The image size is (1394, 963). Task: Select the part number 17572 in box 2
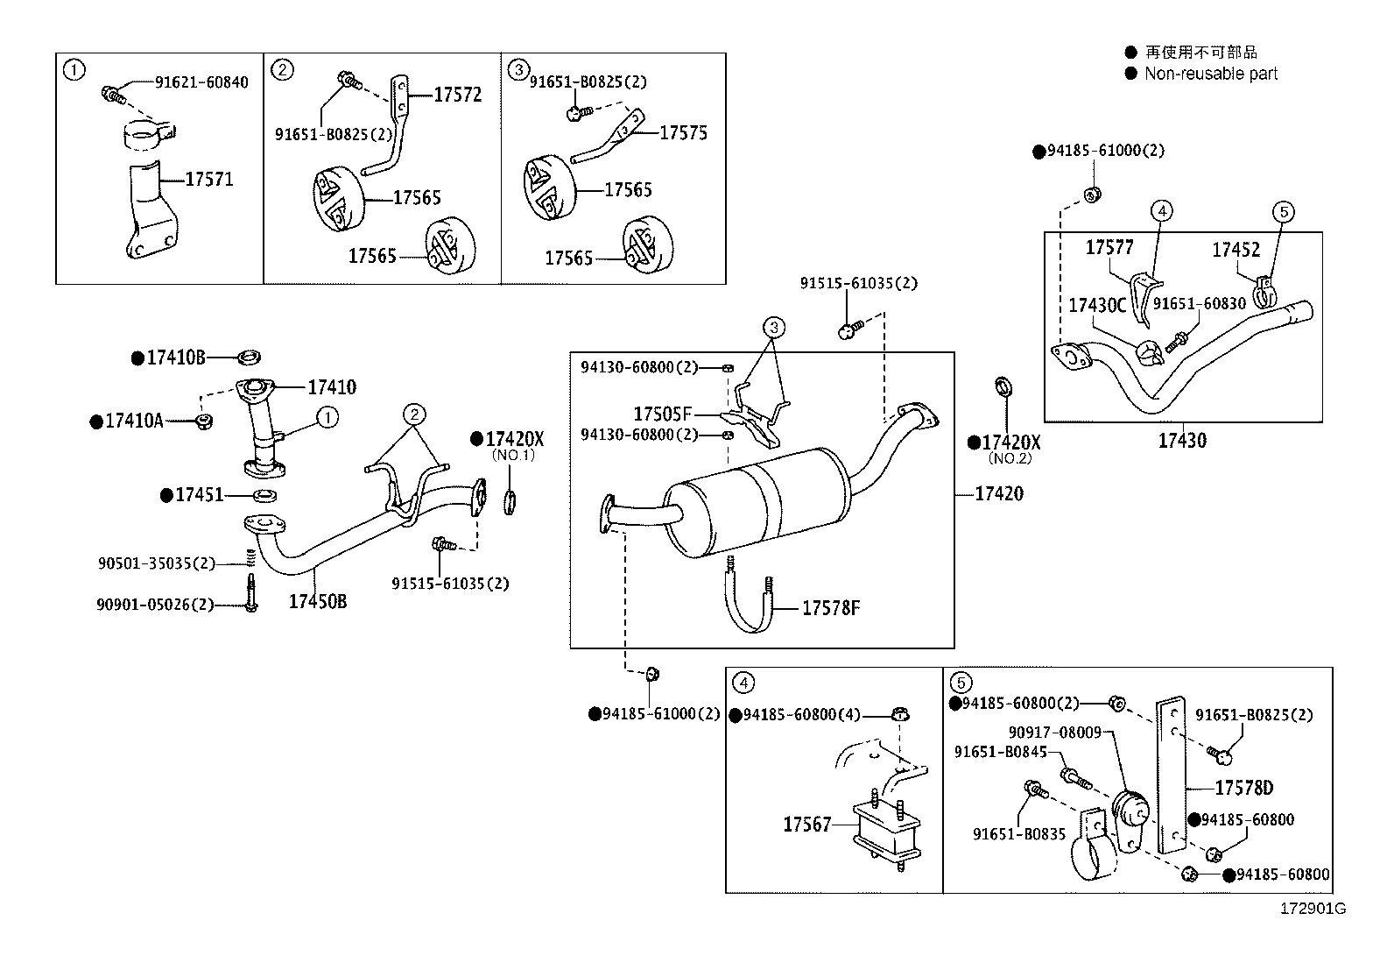click(457, 96)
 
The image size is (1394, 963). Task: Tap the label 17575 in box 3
click(683, 133)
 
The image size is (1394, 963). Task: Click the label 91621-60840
click(201, 82)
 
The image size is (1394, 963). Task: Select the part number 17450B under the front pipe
click(318, 601)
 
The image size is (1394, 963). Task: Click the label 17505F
click(662, 414)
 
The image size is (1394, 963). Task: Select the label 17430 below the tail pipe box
click(1182, 441)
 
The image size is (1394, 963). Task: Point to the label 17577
click(1109, 248)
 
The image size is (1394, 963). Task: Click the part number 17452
click(1236, 251)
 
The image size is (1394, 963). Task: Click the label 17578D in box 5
click(1243, 788)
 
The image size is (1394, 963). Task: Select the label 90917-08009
click(1054, 732)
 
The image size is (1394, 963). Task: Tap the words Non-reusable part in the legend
click(1211, 74)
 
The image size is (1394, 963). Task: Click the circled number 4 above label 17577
click(1161, 211)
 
